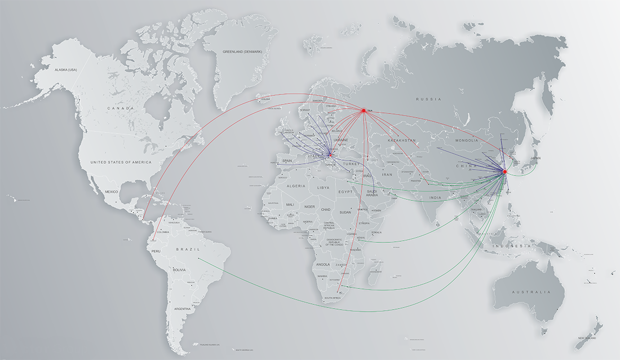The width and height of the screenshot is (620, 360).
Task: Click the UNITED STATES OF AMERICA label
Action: pyautogui.click(x=120, y=162)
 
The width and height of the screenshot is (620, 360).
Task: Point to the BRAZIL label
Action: pyautogui.click(x=188, y=249)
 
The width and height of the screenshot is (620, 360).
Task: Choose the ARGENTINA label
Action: pyautogui.click(x=182, y=309)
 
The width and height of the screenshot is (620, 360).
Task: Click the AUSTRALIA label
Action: pyautogui.click(x=530, y=292)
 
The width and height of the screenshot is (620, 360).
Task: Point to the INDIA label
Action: pyautogui.click(x=435, y=198)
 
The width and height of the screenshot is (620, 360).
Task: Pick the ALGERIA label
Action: pyautogui.click(x=296, y=186)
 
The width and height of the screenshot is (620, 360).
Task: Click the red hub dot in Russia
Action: pyautogui.click(x=364, y=110)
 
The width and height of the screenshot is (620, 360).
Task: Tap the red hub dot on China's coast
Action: pyautogui.click(x=504, y=172)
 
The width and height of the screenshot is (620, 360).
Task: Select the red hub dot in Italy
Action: pyautogui.click(x=330, y=155)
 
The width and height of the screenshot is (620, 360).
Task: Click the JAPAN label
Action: pyautogui.click(x=535, y=158)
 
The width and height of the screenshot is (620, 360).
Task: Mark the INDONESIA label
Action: pyautogui.click(x=511, y=246)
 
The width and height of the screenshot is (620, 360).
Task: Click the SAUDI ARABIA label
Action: pyautogui.click(x=371, y=193)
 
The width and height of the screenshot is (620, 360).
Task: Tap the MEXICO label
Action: pyautogui.click(x=111, y=191)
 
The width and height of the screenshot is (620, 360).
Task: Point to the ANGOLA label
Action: pyautogui.click(x=322, y=264)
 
